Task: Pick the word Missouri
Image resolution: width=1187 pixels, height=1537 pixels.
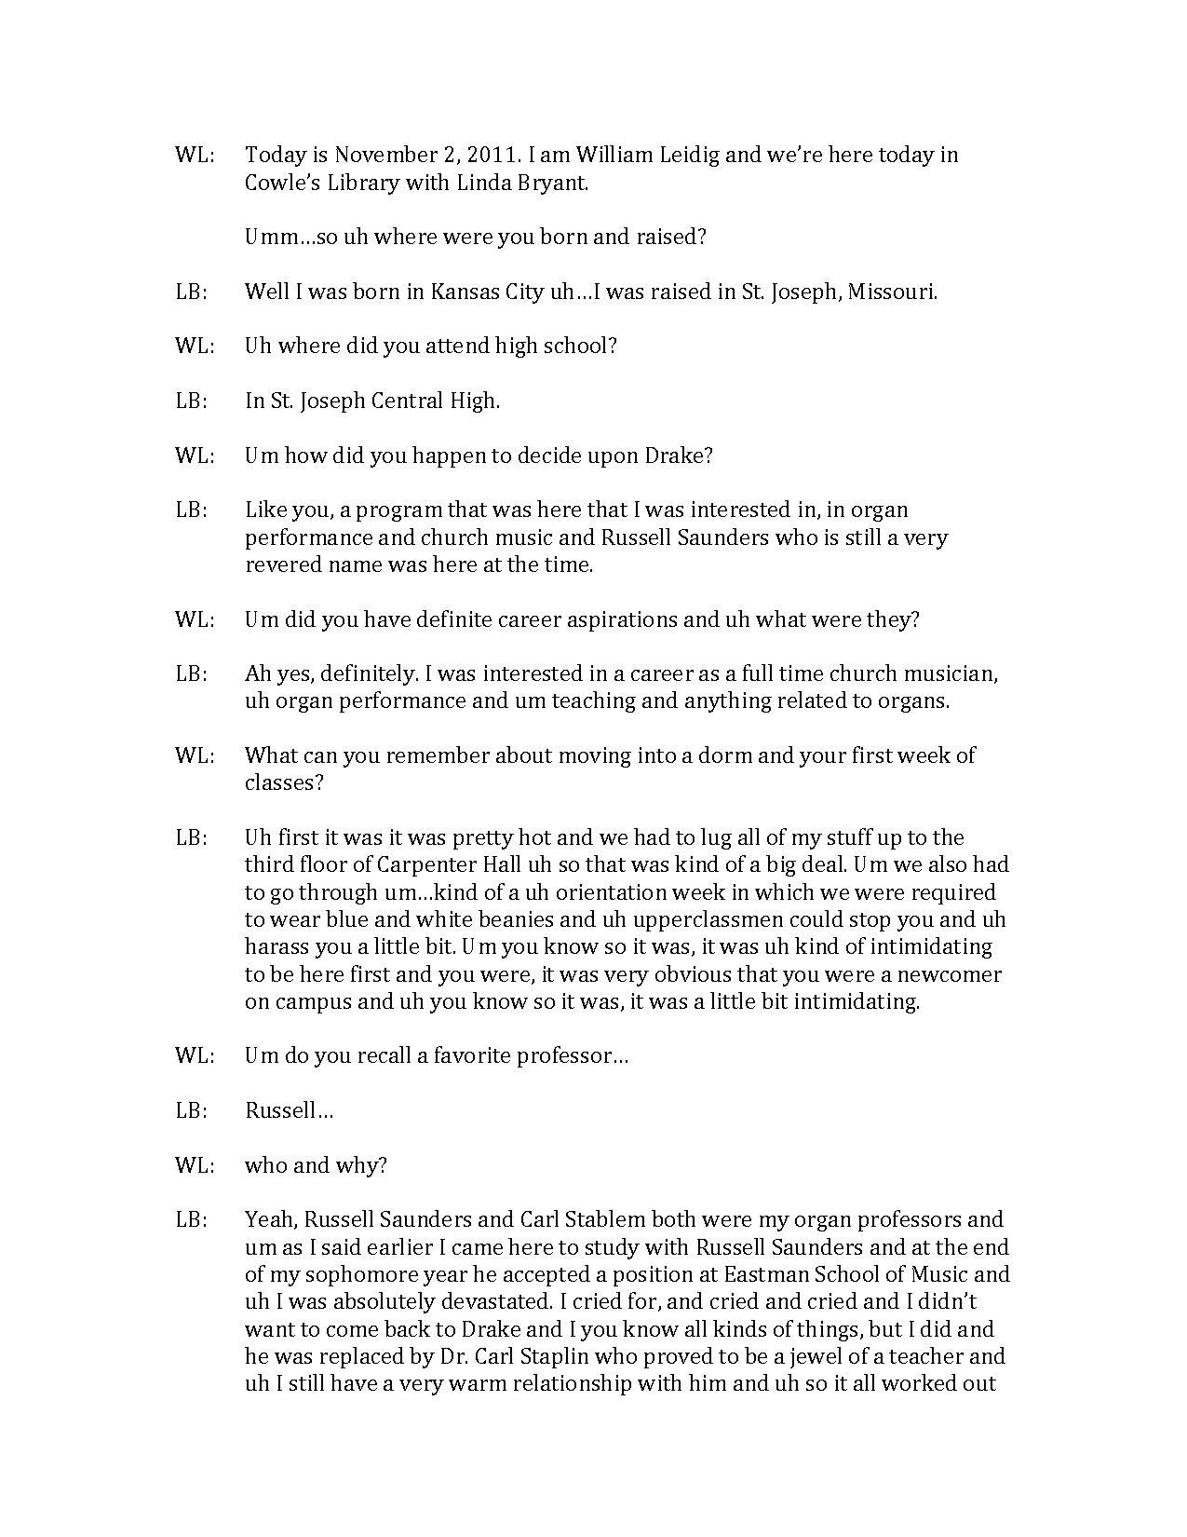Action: (894, 292)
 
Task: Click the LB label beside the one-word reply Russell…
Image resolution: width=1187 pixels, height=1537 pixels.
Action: (191, 1110)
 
